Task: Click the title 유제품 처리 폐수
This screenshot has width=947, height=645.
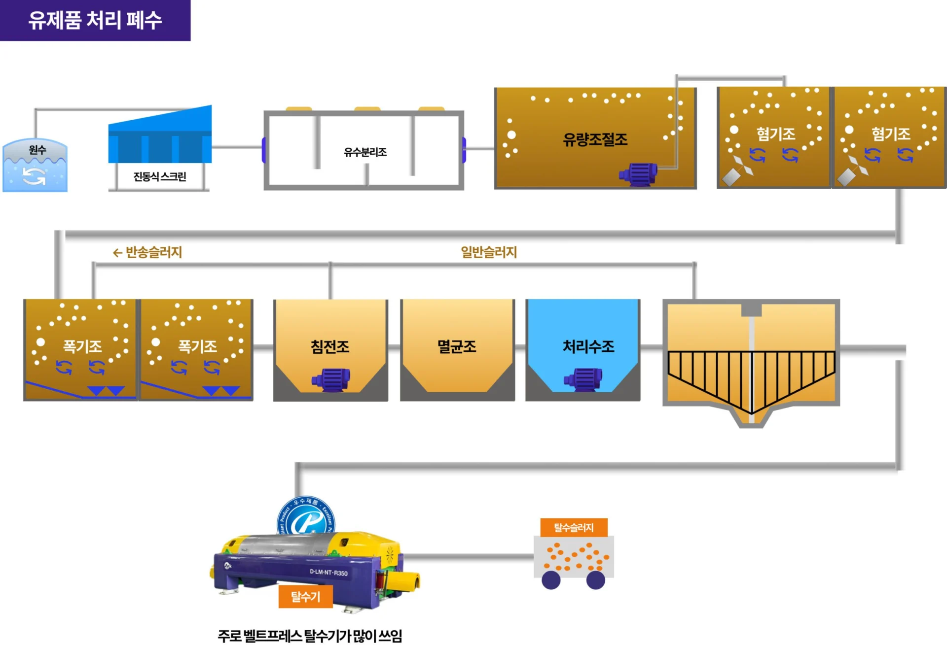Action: [x=95, y=20]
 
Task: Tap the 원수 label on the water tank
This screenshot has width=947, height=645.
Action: [x=37, y=150]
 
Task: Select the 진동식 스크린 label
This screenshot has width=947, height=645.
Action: [x=160, y=176]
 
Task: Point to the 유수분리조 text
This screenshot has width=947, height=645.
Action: [x=365, y=152]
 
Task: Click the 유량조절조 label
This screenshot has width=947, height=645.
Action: [x=595, y=139]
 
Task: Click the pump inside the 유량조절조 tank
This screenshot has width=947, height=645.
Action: [x=639, y=174]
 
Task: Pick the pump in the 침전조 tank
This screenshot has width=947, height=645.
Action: [x=331, y=379]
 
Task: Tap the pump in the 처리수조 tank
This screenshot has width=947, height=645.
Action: [x=583, y=379]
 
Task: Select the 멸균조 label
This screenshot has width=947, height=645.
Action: [x=457, y=346]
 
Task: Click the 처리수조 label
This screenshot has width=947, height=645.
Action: [x=588, y=346]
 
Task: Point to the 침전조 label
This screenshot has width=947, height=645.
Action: [x=330, y=346]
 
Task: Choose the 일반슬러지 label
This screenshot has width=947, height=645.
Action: [x=489, y=252]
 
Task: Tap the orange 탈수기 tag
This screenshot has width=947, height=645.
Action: [x=305, y=597]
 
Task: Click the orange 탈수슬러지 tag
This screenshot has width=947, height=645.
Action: [x=574, y=527]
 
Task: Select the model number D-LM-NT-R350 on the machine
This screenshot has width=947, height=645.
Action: [x=328, y=573]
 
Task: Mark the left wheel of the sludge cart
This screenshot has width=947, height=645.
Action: [x=551, y=580]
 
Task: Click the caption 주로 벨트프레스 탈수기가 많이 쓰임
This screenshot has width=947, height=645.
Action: [x=310, y=636]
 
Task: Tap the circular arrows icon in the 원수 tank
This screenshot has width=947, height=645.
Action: [x=34, y=176]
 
